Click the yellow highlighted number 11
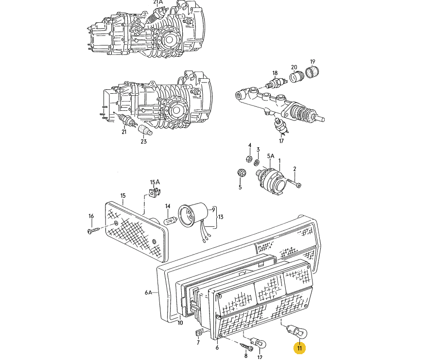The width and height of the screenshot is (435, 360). point(299,348)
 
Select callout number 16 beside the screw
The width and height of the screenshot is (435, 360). point(90,216)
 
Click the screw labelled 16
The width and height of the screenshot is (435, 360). point(93,231)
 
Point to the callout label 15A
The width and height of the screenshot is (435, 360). point(155,183)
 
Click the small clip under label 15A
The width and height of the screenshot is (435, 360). point(154,193)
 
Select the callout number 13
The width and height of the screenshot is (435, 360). point(220,217)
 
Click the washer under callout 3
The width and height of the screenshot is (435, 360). point(258,161)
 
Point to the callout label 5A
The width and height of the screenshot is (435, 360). point(271,156)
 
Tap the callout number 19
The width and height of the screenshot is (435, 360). point(313,62)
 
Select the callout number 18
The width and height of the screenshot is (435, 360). point(275,73)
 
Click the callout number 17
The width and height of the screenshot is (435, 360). point(281,141)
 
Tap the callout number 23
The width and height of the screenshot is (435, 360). point(143,142)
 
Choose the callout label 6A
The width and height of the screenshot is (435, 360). point(148,292)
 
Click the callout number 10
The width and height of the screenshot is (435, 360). point(180,323)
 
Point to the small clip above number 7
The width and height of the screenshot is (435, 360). point(198,333)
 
